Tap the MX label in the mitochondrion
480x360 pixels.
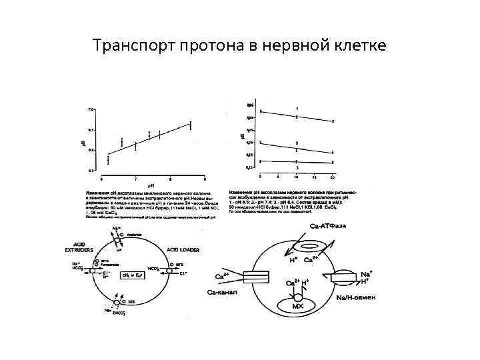coord(297,307)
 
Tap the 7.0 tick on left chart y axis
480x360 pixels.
coord(91,109)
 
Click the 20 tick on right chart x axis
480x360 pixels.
coord(333,177)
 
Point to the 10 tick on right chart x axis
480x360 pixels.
coord(296,177)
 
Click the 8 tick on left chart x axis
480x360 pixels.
coord(170,179)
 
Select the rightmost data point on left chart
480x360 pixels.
coord(191,124)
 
